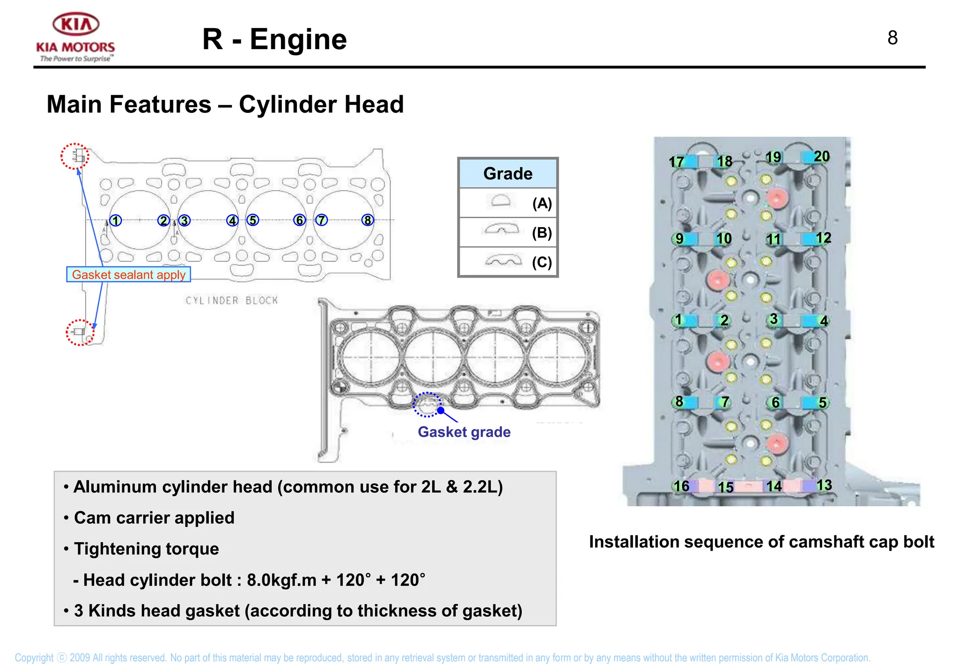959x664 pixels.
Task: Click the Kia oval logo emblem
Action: tap(76, 24)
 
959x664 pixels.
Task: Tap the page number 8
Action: tap(893, 38)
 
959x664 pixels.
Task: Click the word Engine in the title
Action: tap(298, 39)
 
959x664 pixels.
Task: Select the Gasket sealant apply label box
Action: tap(128, 274)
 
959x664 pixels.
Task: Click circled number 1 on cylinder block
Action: tap(116, 220)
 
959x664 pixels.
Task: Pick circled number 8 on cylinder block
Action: tap(368, 220)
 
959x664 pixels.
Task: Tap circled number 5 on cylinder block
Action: tap(253, 220)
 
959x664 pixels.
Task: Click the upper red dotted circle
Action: tap(75, 156)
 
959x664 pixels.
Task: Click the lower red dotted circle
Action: tap(80, 332)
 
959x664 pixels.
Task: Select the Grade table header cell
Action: tap(508, 174)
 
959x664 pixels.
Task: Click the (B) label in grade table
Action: tap(542, 233)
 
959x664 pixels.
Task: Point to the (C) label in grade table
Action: tap(542, 262)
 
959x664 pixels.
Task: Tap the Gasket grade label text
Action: tap(464, 432)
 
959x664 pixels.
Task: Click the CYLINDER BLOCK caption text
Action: tap(232, 301)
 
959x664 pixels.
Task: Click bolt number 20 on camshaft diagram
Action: tap(821, 156)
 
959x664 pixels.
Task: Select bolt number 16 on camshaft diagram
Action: tap(681, 486)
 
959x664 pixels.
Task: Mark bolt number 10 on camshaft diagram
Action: tap(723, 239)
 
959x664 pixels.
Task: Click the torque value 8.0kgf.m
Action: tap(281, 580)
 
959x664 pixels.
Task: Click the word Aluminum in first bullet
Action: tap(110, 487)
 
